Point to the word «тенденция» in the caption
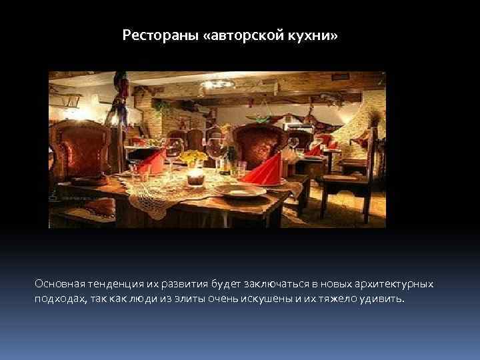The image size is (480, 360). click(x=111, y=284)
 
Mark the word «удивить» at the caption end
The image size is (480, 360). click(x=382, y=299)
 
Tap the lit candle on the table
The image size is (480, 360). click(x=195, y=177)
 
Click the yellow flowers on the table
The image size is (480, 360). click(x=194, y=157)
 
